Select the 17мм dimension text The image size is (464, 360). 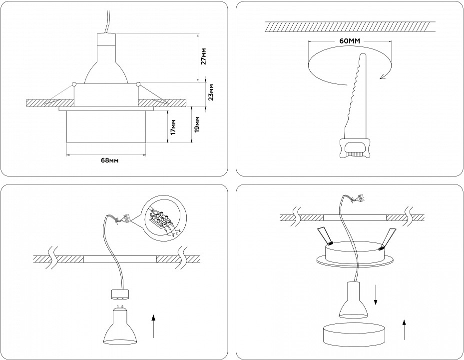[173, 128]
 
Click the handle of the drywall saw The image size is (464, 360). [355, 147]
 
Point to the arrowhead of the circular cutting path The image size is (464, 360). [383, 75]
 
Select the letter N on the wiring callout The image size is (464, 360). [172, 235]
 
